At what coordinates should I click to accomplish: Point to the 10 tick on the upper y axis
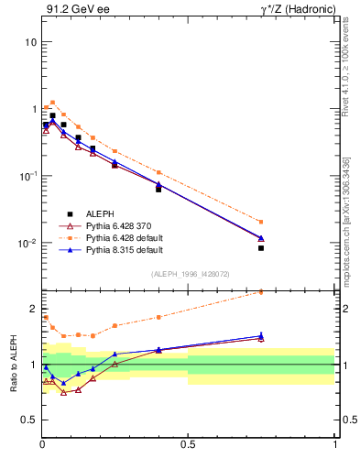tap(30, 42)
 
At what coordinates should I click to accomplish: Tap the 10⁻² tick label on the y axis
tap(27, 243)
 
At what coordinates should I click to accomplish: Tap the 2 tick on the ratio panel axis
tap(33, 308)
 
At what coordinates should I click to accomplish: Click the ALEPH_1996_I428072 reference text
tap(189, 275)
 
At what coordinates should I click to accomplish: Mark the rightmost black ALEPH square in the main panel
tap(261, 248)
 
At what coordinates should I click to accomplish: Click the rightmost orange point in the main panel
tap(261, 222)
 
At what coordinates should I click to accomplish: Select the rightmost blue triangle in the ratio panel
tap(261, 336)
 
